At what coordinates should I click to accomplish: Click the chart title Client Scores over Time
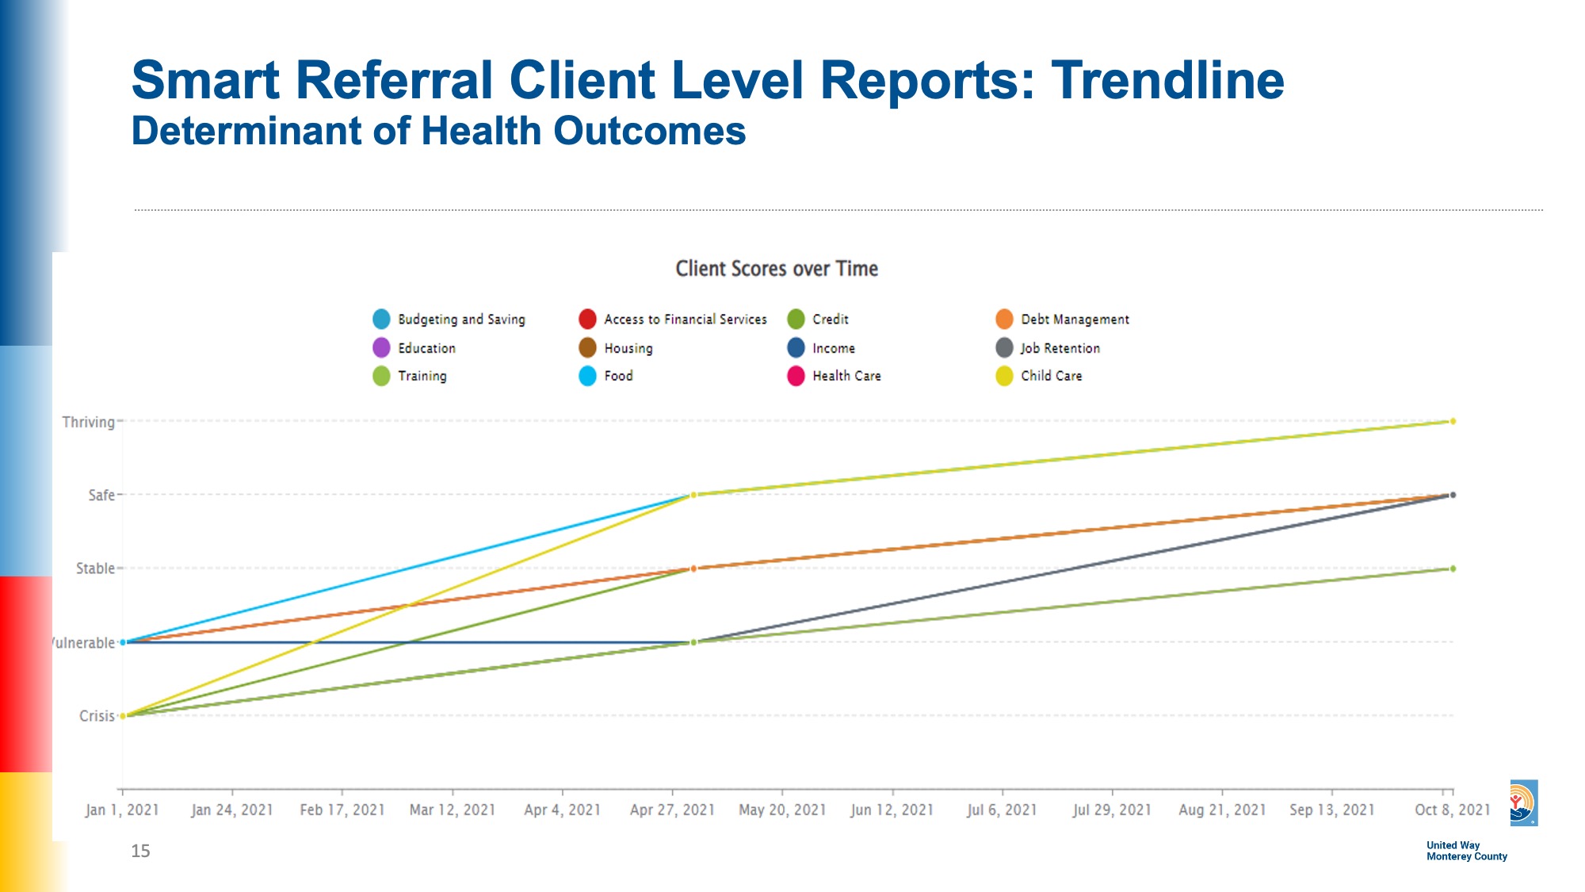pos(777,269)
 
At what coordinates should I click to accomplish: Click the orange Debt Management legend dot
pos(1004,320)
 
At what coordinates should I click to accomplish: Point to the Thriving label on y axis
pos(89,422)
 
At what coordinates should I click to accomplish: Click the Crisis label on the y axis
pos(97,716)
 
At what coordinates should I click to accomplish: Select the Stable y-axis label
pos(95,569)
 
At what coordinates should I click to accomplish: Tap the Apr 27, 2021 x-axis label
pos(672,810)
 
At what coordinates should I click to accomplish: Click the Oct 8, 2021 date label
pos(1452,810)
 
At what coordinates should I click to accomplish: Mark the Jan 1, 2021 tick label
pos(122,810)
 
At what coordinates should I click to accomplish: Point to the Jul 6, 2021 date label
pos(1002,810)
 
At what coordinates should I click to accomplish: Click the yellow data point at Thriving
pos(1453,422)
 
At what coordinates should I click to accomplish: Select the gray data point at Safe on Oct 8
pos(1453,495)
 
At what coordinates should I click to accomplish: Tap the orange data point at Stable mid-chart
pos(693,569)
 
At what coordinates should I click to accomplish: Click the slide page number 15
pos(140,851)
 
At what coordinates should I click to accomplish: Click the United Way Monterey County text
pos(1466,851)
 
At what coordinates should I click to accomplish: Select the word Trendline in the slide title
pos(1167,80)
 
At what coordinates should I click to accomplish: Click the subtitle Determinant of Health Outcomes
pos(438,131)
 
